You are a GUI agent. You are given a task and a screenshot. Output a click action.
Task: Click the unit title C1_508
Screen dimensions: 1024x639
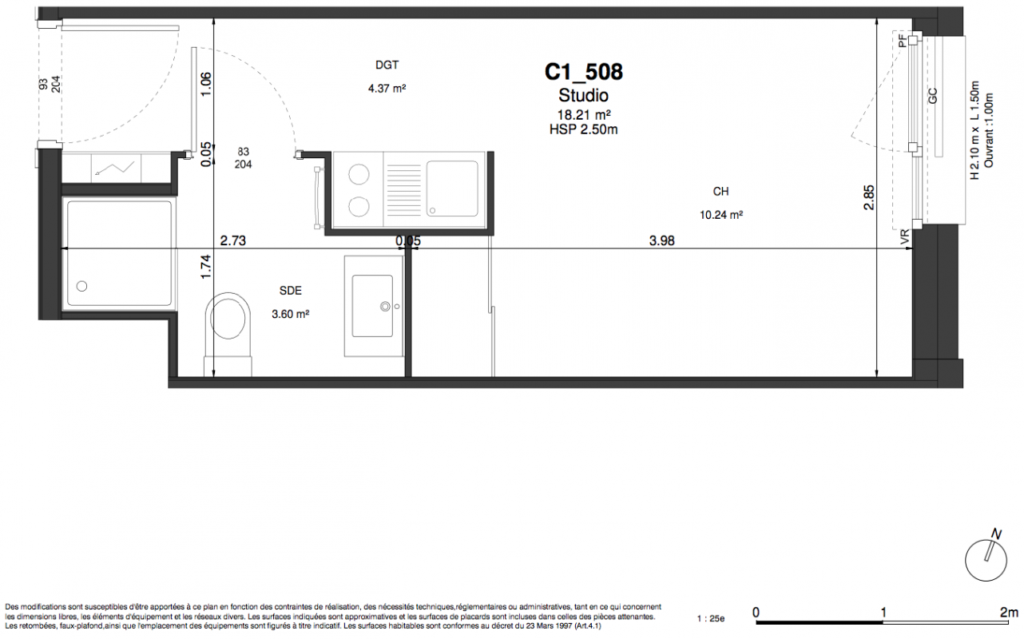583,72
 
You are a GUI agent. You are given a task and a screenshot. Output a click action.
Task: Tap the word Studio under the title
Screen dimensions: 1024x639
583,96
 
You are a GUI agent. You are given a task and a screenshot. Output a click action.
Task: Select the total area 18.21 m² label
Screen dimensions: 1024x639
584,115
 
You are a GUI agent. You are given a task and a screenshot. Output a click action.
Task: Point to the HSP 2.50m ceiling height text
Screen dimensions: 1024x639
583,130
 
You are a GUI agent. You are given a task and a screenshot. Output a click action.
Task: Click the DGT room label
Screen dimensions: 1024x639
387,65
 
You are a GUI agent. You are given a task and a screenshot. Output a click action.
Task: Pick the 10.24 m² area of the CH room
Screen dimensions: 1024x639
721,215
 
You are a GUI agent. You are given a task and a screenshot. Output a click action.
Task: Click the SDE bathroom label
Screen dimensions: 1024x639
290,291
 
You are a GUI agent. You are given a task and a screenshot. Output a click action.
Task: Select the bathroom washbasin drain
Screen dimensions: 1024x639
385,306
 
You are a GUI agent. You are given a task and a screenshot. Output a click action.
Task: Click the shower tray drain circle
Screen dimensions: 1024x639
81,287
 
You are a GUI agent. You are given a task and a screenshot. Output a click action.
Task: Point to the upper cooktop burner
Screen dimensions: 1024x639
359,174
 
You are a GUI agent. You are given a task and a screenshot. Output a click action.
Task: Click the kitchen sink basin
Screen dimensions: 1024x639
452,189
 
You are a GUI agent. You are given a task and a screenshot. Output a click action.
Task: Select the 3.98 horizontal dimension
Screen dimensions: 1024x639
661,240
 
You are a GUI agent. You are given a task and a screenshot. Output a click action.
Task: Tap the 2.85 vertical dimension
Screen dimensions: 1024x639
869,197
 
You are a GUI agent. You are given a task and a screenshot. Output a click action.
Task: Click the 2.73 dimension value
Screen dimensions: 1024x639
232,240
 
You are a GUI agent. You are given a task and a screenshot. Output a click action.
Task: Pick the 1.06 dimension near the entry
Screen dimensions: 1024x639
206,84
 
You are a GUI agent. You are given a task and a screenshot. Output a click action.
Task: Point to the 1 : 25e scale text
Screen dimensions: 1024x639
711,619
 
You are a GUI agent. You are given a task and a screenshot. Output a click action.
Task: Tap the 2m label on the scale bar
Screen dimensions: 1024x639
1009,612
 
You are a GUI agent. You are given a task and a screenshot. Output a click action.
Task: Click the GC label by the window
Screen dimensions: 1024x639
933,96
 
